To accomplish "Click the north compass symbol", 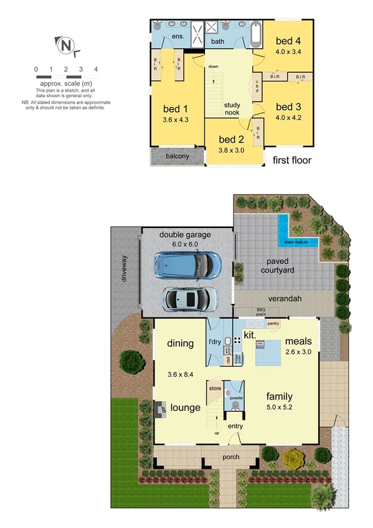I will pyautogui.click(x=66, y=45).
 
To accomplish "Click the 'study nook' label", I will pyautogui.click(x=232, y=109).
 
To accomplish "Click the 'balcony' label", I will pyautogui.click(x=177, y=156).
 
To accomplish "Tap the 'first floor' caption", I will pyautogui.click(x=292, y=160).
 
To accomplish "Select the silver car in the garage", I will pyautogui.click(x=190, y=298).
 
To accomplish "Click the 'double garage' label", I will pyautogui.click(x=185, y=235).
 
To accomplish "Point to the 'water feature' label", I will pyautogui.click(x=297, y=242).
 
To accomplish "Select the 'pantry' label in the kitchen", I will pyautogui.click(x=272, y=324).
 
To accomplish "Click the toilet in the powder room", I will pyautogui.click(x=235, y=405).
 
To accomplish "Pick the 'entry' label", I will pyautogui.click(x=235, y=425).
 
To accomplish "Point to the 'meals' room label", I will pyautogui.click(x=298, y=341).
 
